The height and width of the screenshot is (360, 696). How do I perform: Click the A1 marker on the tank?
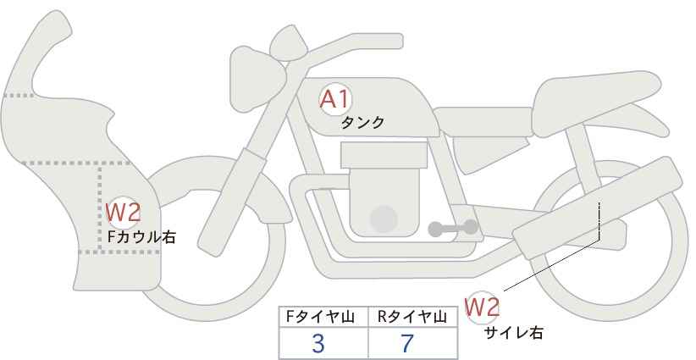click(335, 99)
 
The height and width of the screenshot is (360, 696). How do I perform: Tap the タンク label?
click(362, 123)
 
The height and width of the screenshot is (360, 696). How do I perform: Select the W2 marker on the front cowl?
click(124, 212)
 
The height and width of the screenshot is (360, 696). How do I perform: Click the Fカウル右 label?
click(141, 237)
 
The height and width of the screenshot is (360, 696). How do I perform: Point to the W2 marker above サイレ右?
click(482, 307)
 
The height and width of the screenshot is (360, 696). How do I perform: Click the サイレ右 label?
click(514, 333)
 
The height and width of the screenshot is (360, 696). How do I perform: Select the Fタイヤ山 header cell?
click(323, 317)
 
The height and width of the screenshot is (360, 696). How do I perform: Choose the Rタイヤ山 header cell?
click(413, 317)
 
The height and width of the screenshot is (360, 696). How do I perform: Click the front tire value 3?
click(318, 343)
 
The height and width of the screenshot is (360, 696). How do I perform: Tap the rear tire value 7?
click(406, 343)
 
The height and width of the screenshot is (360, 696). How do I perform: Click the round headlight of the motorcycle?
click(257, 79)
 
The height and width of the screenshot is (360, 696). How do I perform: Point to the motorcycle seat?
click(597, 103)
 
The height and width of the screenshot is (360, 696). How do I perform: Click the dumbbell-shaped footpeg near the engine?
click(453, 228)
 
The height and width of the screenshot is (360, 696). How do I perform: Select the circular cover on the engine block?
click(384, 219)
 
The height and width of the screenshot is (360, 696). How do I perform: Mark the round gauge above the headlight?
click(289, 43)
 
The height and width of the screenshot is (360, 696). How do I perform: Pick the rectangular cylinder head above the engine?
click(384, 155)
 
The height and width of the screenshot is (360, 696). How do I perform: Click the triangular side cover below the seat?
click(489, 152)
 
